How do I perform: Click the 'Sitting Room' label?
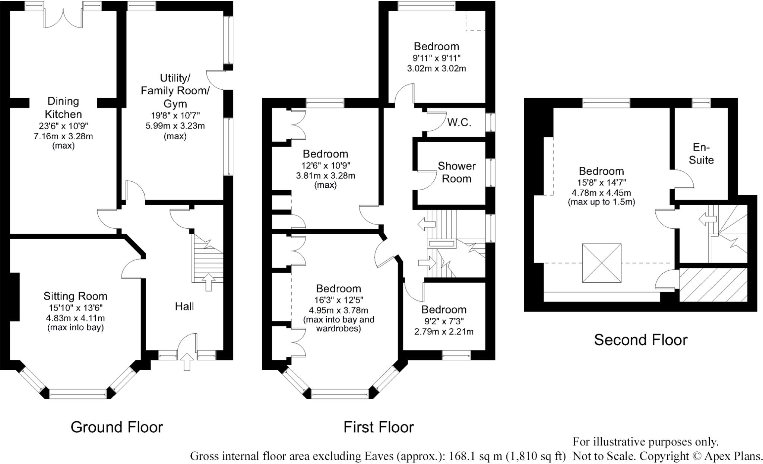tap(75, 296)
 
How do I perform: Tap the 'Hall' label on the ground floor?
tap(184, 306)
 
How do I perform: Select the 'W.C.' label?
tap(459, 123)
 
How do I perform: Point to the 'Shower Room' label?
tap(456, 172)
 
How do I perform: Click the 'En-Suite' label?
tap(701, 153)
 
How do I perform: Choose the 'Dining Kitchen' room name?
tap(63, 108)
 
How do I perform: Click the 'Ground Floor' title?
tap(117, 427)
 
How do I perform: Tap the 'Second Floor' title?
tap(640, 340)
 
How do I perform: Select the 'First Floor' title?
tap(379, 427)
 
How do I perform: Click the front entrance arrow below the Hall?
tap(187, 362)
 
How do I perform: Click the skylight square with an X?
tap(602, 263)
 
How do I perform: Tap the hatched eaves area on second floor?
tap(713, 285)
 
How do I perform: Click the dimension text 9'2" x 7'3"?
tap(444, 321)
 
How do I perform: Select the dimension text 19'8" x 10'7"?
tap(175, 115)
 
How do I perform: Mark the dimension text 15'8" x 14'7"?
tap(601, 182)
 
